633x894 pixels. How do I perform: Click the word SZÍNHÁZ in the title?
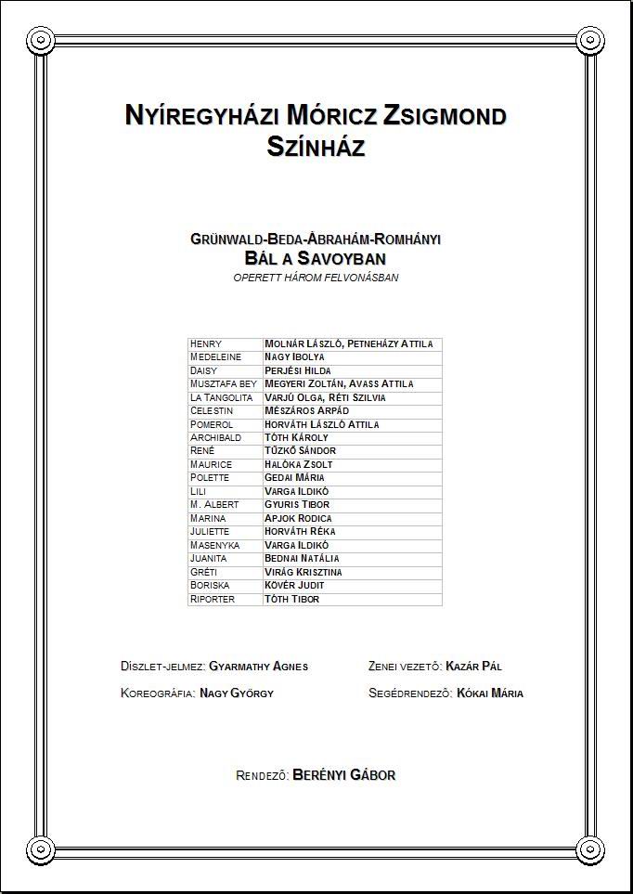point(316,146)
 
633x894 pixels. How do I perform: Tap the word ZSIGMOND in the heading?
point(446,116)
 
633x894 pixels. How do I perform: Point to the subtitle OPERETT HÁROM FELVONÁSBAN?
point(316,278)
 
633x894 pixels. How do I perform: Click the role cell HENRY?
point(206,344)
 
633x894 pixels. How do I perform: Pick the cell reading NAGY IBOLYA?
point(295,357)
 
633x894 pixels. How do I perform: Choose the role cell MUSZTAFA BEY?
point(223,384)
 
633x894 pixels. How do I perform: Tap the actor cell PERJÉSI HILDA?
point(298,371)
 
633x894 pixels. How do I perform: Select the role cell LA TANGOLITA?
point(221,397)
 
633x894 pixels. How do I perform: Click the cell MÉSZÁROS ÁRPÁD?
point(307,411)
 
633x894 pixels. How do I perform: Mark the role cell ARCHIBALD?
point(215,438)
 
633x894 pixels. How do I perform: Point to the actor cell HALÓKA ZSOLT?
point(299,464)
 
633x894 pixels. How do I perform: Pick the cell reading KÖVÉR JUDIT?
point(295,586)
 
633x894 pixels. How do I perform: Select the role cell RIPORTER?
point(213,600)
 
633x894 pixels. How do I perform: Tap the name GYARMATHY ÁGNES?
point(259,667)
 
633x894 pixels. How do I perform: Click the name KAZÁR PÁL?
point(473,667)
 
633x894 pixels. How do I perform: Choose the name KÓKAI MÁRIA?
point(490,693)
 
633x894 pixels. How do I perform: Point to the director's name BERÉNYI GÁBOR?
point(344,775)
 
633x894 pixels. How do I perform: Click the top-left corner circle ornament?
point(40,40)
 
